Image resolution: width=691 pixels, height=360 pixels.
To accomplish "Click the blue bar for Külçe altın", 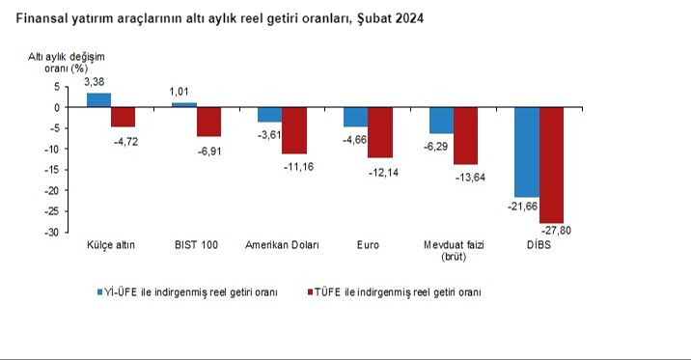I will [98, 99].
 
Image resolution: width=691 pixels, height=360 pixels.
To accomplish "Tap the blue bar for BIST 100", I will [183, 104].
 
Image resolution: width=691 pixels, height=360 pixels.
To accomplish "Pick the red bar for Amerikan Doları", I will [293, 130].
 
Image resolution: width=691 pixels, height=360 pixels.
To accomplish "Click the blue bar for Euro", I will [355, 117].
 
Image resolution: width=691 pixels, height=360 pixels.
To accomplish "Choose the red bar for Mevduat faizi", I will [465, 135].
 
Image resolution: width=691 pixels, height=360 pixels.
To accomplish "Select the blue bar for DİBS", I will [526, 152].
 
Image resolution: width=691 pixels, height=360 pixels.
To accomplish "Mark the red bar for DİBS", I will [551, 165].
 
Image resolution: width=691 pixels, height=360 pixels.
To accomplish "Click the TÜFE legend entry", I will [398, 291].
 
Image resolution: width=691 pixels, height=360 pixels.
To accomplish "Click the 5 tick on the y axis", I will [57, 86].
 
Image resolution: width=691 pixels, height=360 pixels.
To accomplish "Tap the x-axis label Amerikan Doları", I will [282, 245].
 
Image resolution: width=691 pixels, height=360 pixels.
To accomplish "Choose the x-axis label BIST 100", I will [196, 245].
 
